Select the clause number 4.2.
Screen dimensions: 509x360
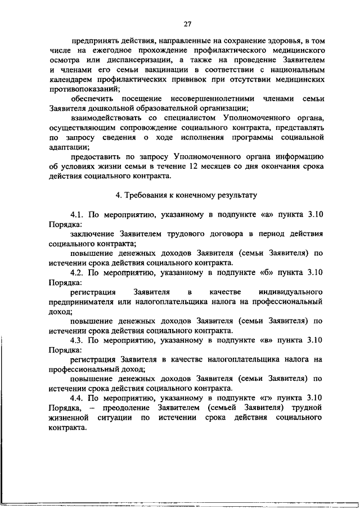tap(76, 272)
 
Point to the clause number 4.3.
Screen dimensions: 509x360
tap(76, 340)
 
